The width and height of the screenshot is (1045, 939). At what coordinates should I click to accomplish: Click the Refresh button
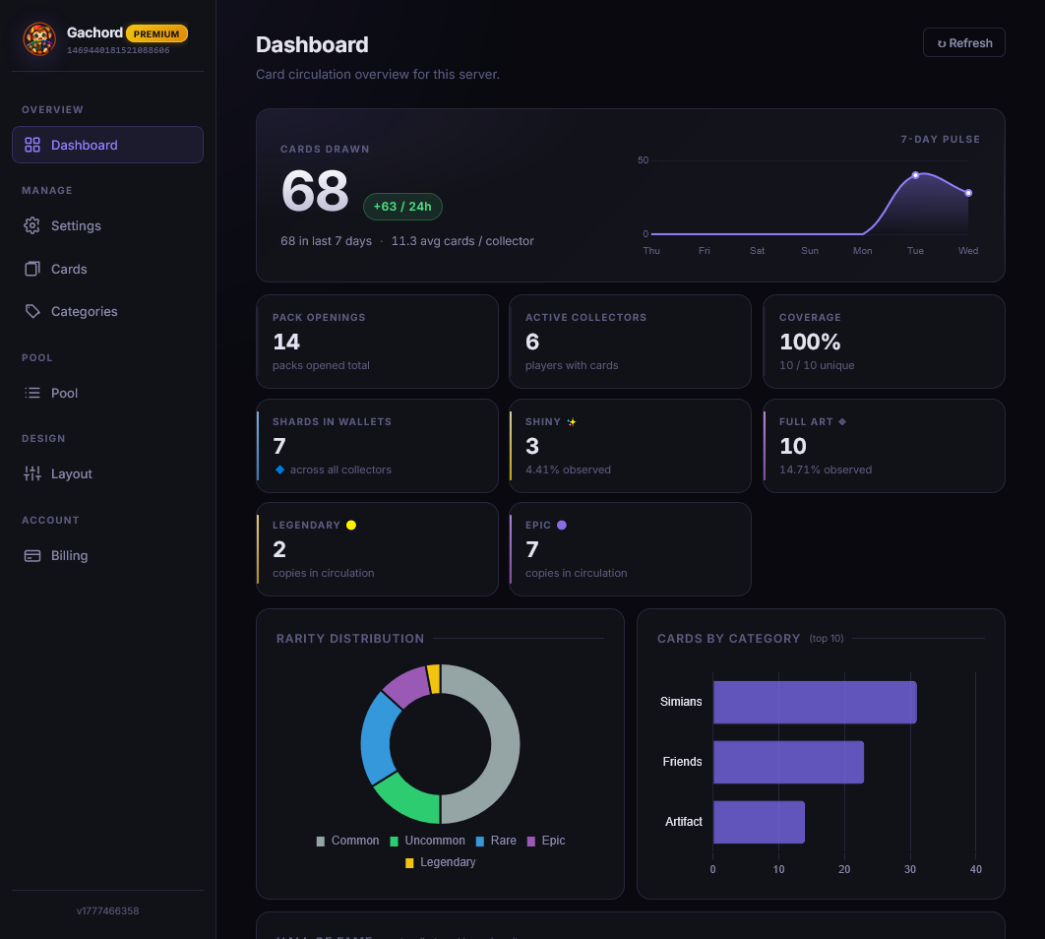click(x=963, y=43)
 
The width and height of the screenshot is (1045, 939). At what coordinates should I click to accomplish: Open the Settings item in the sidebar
click(x=76, y=225)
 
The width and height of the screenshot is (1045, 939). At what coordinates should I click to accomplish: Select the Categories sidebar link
click(x=84, y=311)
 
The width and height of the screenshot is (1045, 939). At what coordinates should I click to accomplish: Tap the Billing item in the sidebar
click(x=69, y=555)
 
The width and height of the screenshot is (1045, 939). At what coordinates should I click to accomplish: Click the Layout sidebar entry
click(x=71, y=473)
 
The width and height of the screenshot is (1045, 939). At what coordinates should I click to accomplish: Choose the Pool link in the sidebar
click(x=64, y=393)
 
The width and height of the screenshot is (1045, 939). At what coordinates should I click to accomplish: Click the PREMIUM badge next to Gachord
click(x=156, y=33)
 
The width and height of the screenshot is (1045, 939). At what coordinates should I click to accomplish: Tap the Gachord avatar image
click(x=39, y=39)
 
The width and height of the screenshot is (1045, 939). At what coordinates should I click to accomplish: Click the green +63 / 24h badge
click(x=402, y=207)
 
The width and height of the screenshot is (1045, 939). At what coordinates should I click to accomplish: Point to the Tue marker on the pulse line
click(x=915, y=175)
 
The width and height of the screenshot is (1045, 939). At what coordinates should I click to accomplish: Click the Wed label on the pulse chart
click(x=968, y=251)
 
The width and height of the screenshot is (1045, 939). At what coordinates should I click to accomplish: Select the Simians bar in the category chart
click(x=814, y=702)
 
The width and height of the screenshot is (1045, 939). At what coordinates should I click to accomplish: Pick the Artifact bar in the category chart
click(x=758, y=822)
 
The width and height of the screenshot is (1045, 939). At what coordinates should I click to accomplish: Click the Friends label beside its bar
click(x=682, y=762)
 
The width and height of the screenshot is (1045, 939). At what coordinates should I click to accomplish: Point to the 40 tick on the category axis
click(x=975, y=869)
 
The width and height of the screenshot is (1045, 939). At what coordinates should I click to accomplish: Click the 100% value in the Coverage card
click(x=810, y=342)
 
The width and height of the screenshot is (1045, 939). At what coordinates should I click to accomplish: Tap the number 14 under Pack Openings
click(x=286, y=342)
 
